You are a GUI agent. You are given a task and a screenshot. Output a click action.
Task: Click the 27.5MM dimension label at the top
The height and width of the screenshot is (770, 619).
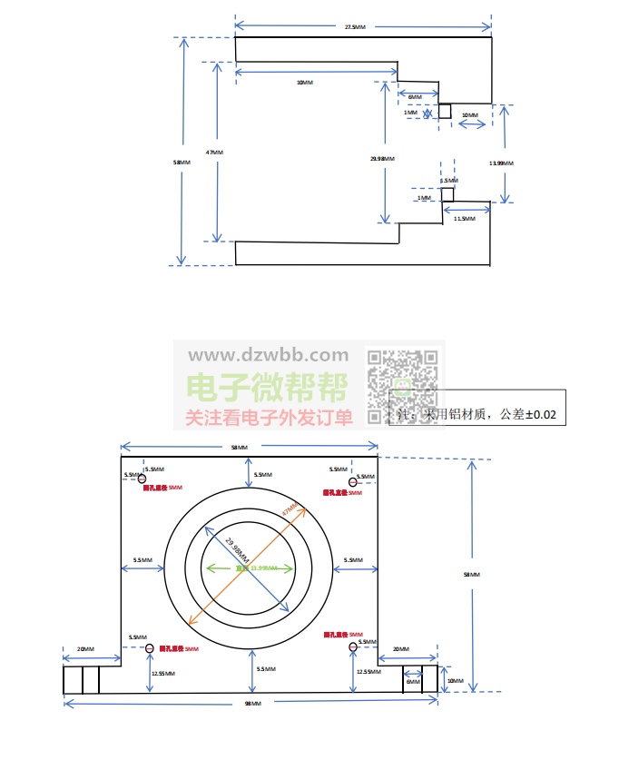[356, 27]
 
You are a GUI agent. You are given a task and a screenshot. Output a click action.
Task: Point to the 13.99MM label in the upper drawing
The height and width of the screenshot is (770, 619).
[500, 163]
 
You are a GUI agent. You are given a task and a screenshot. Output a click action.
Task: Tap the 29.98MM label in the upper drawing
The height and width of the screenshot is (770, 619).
[382, 159]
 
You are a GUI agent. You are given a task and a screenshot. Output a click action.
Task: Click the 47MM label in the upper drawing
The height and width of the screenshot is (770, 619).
[214, 152]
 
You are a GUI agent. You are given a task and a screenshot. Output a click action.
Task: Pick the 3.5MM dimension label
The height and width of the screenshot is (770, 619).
[448, 182]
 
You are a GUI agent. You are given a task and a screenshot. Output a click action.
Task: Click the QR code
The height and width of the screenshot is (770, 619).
[403, 387]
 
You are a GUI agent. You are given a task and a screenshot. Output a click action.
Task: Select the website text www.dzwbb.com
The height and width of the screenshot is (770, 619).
[268, 355]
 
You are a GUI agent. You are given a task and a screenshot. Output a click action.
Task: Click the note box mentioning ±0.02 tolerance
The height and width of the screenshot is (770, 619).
[477, 414]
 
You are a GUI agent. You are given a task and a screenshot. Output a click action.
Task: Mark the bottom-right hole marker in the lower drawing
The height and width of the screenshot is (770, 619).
[352, 647]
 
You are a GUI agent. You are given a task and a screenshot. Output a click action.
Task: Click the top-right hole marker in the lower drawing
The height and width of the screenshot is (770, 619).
[352, 481]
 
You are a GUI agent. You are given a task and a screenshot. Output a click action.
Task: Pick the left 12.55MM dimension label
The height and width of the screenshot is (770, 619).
[163, 673]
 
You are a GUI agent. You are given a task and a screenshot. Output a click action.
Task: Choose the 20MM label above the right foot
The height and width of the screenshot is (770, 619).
[400, 649]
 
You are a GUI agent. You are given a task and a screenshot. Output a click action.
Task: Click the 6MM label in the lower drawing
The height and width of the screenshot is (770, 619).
[413, 681]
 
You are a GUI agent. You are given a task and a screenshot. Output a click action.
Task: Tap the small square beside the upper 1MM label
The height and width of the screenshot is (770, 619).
[445, 111]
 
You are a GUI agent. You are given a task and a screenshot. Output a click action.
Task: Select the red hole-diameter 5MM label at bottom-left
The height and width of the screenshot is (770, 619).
[179, 649]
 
